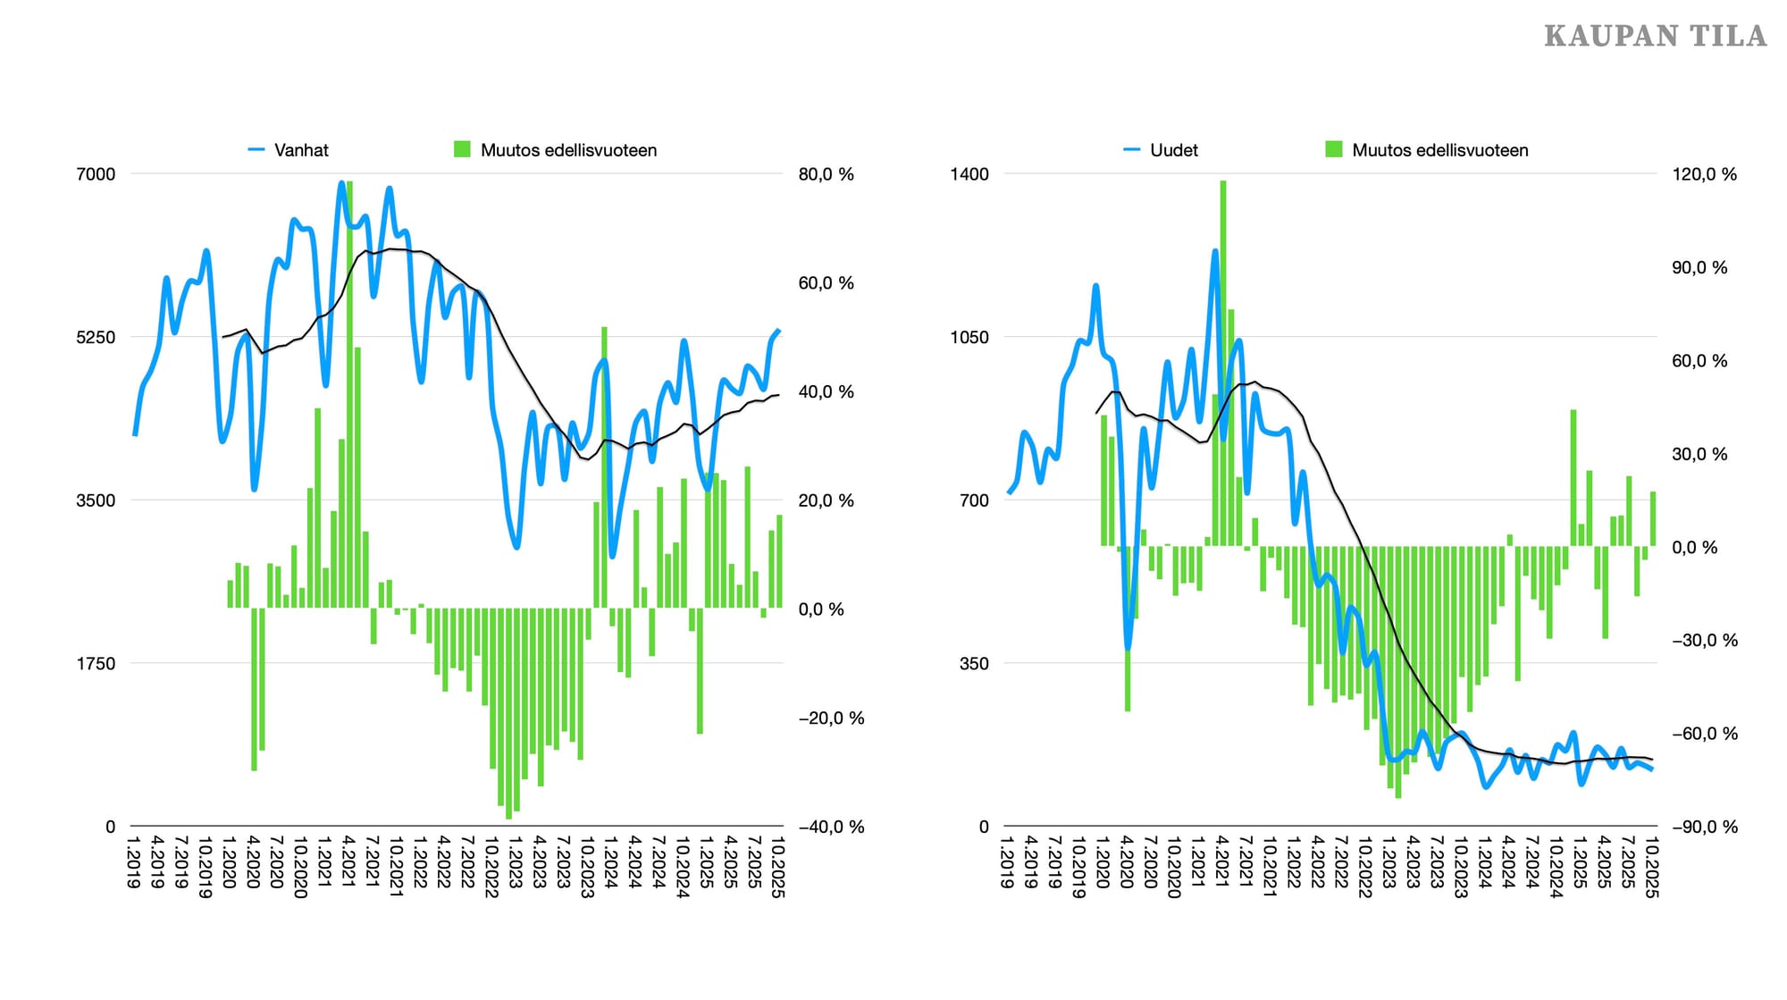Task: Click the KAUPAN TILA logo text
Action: (x=1655, y=36)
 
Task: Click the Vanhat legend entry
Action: (x=300, y=150)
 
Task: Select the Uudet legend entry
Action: (x=1173, y=150)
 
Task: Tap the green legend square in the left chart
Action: (x=462, y=149)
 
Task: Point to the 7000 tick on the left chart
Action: (x=96, y=174)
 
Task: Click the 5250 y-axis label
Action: (x=96, y=337)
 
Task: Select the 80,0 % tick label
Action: (x=826, y=174)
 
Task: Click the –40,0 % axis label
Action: (x=831, y=827)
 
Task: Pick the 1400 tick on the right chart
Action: (x=969, y=174)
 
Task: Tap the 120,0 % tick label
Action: (x=1704, y=174)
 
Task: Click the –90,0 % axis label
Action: (x=1705, y=827)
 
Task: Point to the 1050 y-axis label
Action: (x=969, y=337)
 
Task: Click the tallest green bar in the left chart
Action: (x=349, y=393)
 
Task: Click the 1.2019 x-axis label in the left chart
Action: (x=134, y=862)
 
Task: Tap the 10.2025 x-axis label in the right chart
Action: (x=1651, y=867)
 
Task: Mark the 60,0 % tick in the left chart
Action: (x=826, y=283)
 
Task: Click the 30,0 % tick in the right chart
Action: (x=1699, y=454)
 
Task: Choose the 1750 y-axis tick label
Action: (x=96, y=664)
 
